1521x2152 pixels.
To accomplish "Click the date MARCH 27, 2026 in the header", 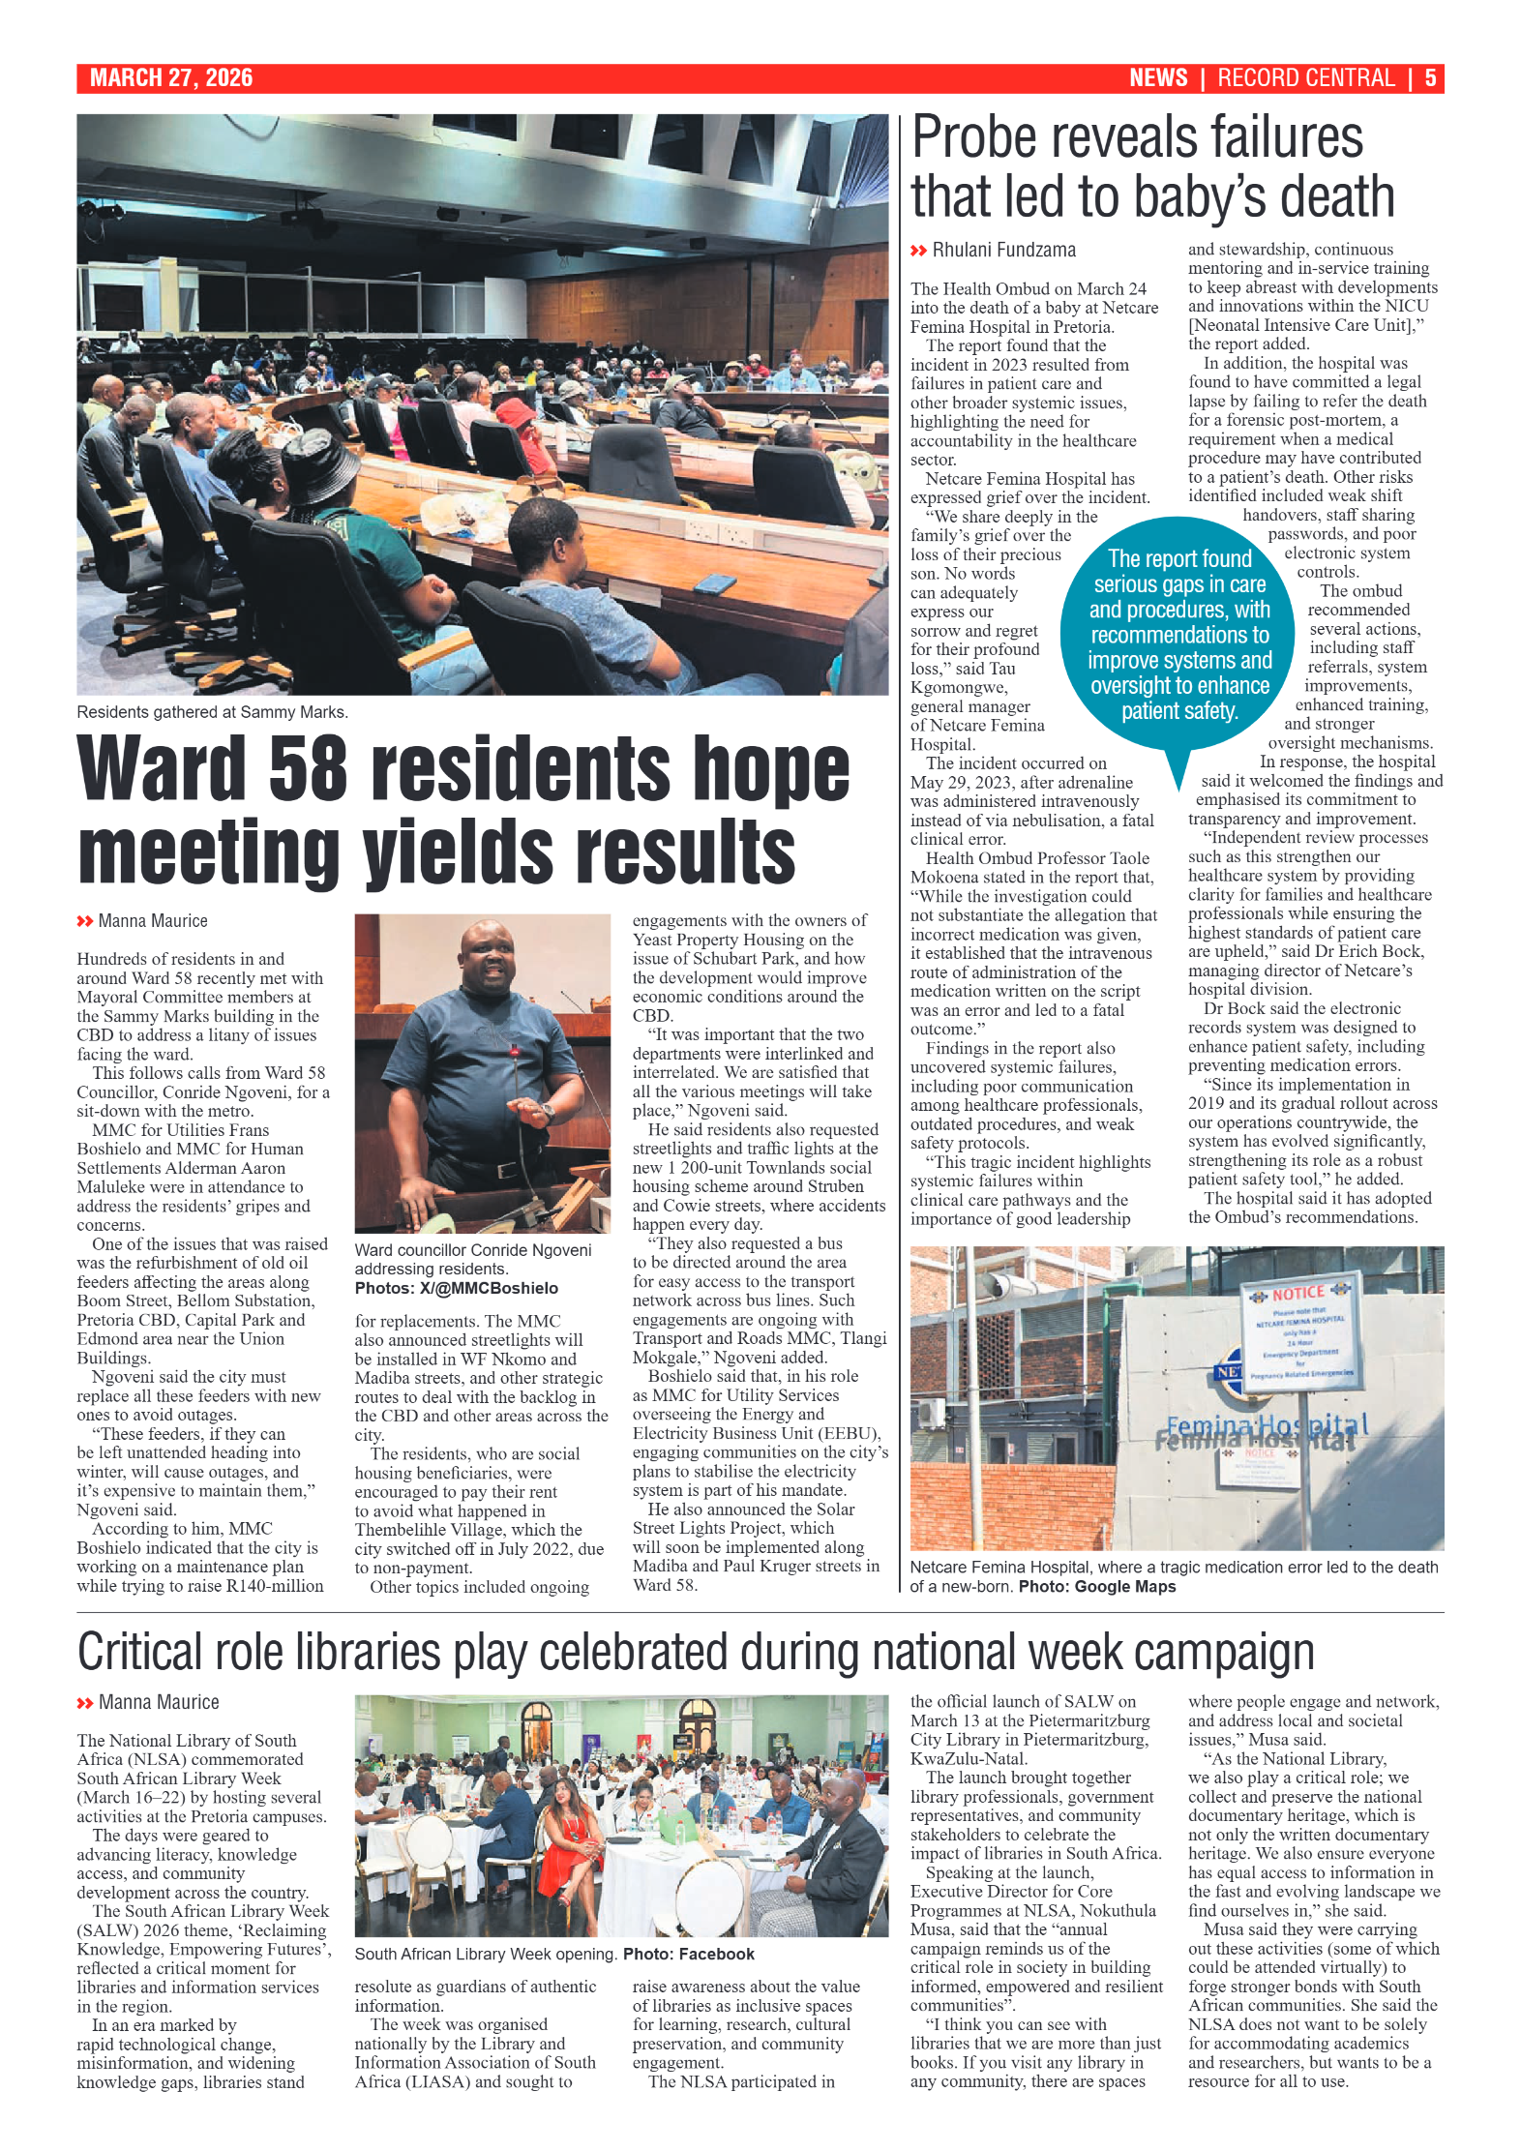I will coord(171,78).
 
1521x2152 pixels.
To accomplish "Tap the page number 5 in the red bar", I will coord(1429,78).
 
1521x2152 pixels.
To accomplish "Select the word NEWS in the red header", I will coord(1157,78).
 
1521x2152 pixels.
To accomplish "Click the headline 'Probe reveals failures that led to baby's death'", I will coord(1151,166).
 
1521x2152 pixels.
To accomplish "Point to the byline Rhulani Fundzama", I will coord(1003,251).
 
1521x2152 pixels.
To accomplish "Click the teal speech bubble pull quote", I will coord(1178,635).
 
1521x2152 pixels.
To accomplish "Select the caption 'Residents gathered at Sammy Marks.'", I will coord(212,712).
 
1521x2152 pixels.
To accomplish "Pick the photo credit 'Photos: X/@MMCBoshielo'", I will coord(456,1288).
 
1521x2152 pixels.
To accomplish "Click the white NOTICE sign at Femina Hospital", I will coord(1298,1334).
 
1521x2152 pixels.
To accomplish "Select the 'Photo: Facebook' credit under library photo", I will coord(688,1954).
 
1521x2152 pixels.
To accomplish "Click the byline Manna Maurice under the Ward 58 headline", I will coord(152,921).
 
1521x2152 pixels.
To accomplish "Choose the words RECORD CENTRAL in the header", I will coord(1305,78).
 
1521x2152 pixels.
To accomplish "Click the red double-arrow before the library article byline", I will coord(85,1702).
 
